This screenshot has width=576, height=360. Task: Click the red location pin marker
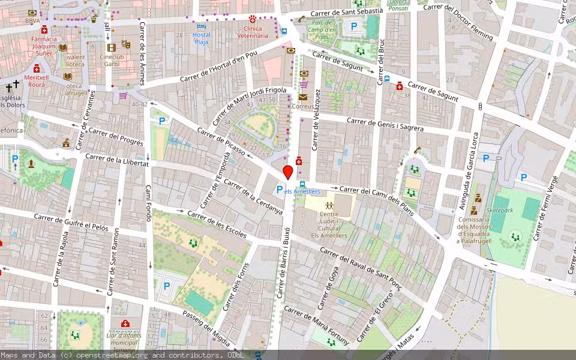tap(288, 172)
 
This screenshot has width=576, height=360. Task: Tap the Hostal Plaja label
tap(202, 38)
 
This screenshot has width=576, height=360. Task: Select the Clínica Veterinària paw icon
tap(253, 19)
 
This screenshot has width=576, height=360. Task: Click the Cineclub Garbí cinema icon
tap(111, 47)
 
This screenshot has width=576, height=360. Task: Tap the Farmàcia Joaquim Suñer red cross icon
tap(44, 30)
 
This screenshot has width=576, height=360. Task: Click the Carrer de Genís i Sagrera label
tap(385, 124)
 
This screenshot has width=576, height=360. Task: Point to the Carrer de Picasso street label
tap(221, 142)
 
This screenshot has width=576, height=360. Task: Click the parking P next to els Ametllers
tap(279, 190)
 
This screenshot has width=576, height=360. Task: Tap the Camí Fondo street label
tap(148, 203)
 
